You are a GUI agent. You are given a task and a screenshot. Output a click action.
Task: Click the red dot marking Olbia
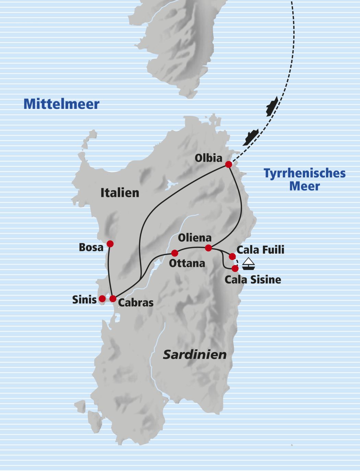pyautogui.click(x=228, y=165)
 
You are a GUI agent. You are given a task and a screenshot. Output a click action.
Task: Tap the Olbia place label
pyautogui.click(x=208, y=158)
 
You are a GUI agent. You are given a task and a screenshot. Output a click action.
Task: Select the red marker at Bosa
pyautogui.click(x=110, y=244)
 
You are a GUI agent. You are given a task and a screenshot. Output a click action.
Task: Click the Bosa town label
pyautogui.click(x=91, y=247)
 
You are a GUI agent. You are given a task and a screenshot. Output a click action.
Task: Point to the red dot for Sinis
pyautogui.click(x=102, y=299)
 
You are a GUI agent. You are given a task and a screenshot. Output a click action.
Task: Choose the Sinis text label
pyautogui.click(x=84, y=300)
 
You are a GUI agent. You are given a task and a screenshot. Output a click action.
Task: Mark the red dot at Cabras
pyautogui.click(x=113, y=299)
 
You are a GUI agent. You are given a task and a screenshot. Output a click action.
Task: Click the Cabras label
pyautogui.click(x=135, y=303)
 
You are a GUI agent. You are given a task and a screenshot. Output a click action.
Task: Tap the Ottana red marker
pyautogui.click(x=175, y=253)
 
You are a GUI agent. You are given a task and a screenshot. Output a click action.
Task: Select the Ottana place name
pyautogui.click(x=187, y=263)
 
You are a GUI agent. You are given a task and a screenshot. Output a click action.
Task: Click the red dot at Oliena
pyautogui.click(x=208, y=248)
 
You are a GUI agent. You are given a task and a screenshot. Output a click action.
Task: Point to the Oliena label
pyautogui.click(x=195, y=238)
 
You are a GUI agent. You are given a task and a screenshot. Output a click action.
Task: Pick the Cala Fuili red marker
pyautogui.click(x=232, y=256)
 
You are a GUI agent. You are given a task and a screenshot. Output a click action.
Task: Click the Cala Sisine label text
pyautogui.click(x=253, y=280)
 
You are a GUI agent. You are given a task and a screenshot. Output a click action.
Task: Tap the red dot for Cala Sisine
pyautogui.click(x=235, y=268)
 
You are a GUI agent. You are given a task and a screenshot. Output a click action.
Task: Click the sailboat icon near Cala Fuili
pyautogui.click(x=249, y=264)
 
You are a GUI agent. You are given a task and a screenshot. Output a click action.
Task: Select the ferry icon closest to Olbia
pyautogui.click(x=250, y=137)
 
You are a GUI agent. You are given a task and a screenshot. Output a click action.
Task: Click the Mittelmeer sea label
pyautogui.click(x=61, y=104)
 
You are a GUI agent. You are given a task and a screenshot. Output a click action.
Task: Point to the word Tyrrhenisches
pyautogui.click(x=304, y=173)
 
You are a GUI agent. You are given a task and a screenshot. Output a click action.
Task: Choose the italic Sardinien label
pyautogui.click(x=195, y=355)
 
